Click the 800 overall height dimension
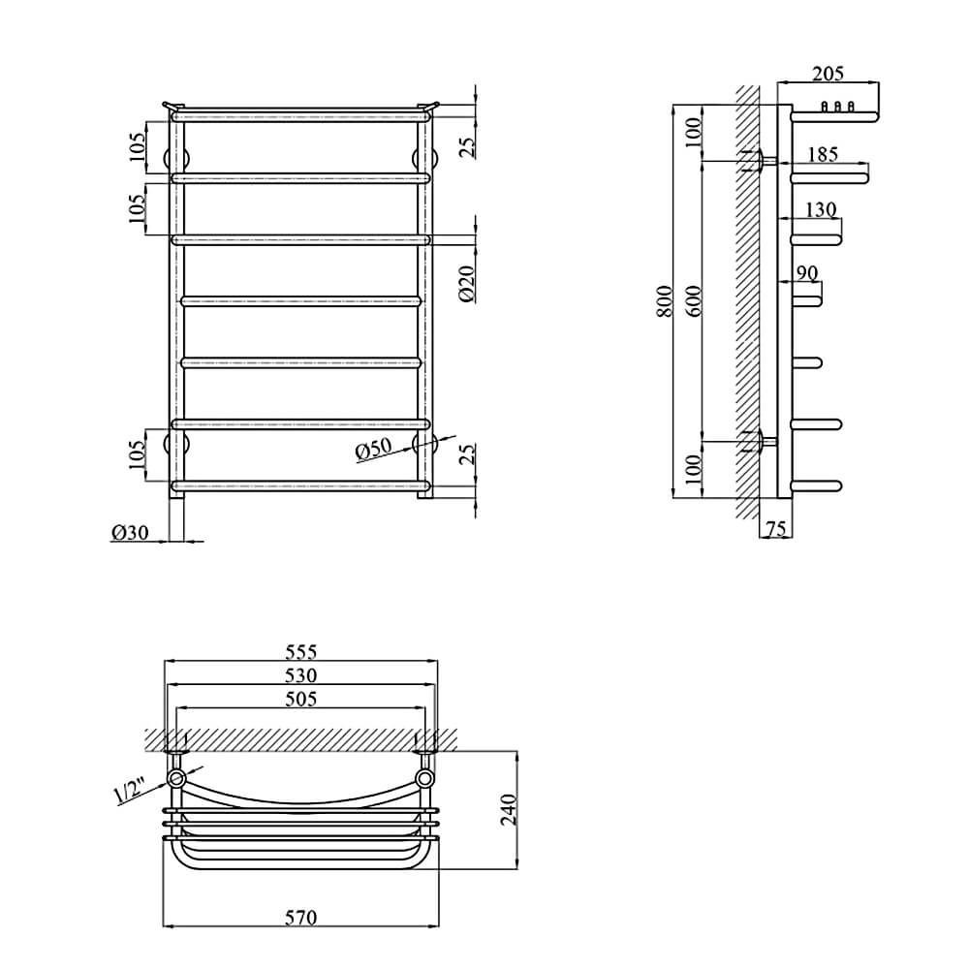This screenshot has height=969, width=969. (x=665, y=301)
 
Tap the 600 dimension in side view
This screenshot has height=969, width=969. (x=695, y=301)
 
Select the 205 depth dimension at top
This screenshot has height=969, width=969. (x=828, y=74)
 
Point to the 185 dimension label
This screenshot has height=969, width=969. (x=823, y=154)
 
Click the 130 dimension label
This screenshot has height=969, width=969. (x=821, y=209)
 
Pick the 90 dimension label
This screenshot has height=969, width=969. (x=807, y=273)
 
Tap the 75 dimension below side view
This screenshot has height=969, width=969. (x=776, y=528)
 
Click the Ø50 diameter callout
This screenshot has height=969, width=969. (x=374, y=450)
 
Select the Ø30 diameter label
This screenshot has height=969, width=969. (x=130, y=532)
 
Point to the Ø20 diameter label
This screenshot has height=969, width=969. (x=468, y=284)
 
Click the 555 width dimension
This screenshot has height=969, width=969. (x=301, y=652)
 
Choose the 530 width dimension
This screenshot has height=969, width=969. (x=301, y=675)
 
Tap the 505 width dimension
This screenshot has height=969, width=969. (x=301, y=699)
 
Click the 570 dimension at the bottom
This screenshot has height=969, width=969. (x=301, y=917)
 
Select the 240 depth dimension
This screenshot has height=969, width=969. (x=509, y=809)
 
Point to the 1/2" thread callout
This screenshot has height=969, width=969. (x=128, y=792)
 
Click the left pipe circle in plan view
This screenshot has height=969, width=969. (x=176, y=778)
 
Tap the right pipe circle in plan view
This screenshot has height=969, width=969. (x=424, y=778)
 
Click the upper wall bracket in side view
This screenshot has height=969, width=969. (x=760, y=161)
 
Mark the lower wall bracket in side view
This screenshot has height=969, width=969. (x=760, y=441)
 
